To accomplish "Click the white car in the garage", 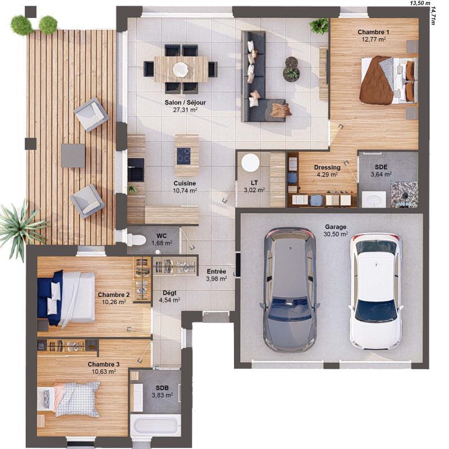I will pyautogui.click(x=375, y=291).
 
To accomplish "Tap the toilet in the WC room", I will pyautogui.click(x=135, y=240).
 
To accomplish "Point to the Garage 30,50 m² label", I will pyautogui.click(x=336, y=231).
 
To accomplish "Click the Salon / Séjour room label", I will pyautogui.click(x=185, y=106).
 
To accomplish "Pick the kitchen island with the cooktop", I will pyautogui.click(x=186, y=155).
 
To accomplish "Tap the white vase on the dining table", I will pyautogui.click(x=181, y=69).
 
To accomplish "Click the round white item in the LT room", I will pyautogui.click(x=250, y=163).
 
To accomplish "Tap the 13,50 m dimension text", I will pyautogui.click(x=419, y=3).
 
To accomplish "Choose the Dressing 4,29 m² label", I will pyautogui.click(x=327, y=171).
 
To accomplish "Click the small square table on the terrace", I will pyautogui.click(x=73, y=155).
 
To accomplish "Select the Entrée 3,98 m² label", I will pyautogui.click(x=216, y=275).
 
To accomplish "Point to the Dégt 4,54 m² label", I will pyautogui.click(x=169, y=296).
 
